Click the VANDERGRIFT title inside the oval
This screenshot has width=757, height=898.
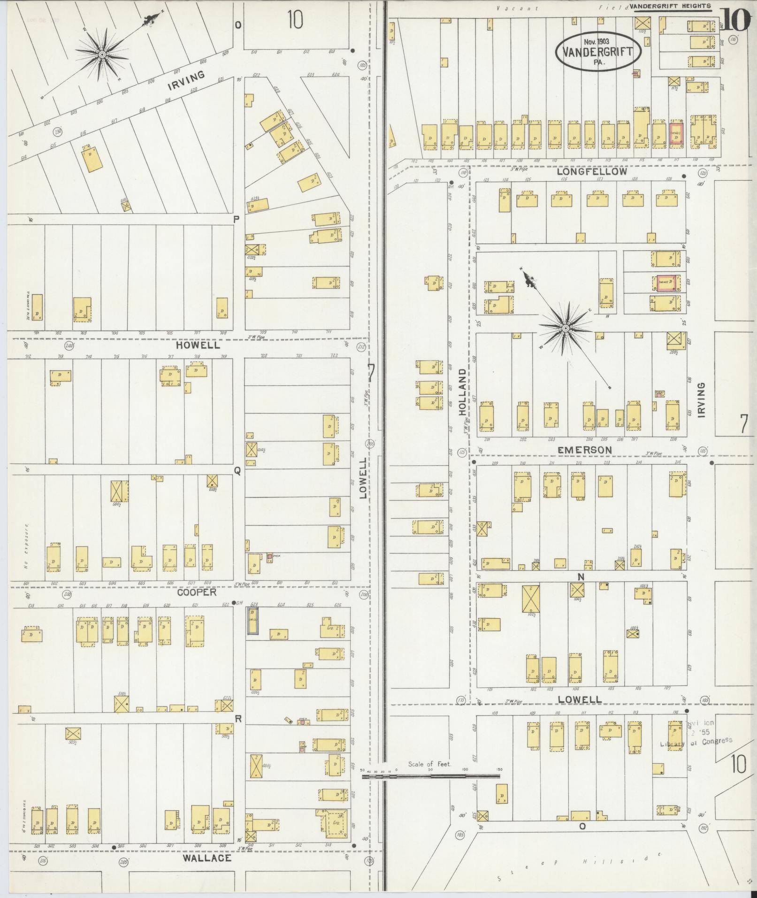pos(598,53)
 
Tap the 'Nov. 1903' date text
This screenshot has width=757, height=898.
pos(598,41)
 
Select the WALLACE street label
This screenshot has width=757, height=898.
pos(207,858)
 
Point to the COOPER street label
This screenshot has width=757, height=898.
pos(197,592)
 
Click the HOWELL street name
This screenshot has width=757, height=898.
pos(198,345)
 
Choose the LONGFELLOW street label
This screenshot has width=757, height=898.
pos(591,172)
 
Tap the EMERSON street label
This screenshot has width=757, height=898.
pos(584,450)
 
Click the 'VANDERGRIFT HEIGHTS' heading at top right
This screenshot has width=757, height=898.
pos(670,6)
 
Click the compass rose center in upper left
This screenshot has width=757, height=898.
pos(101,55)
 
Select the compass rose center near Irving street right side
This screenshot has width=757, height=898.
pos(566,328)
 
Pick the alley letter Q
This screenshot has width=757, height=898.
pos(237,472)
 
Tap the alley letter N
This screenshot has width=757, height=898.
pos(581,576)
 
